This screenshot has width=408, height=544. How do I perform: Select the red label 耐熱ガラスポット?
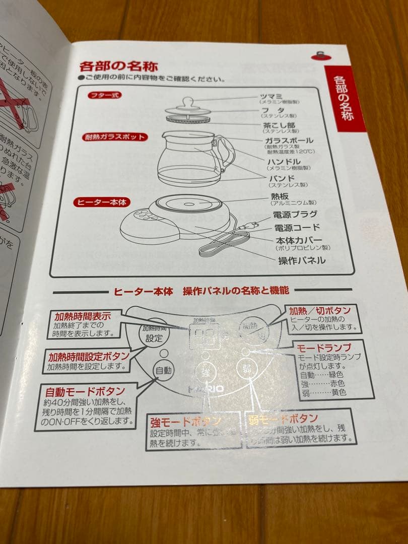[115, 137]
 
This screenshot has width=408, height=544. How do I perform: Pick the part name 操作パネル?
[301, 260]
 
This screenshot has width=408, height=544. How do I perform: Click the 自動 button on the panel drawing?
[163, 370]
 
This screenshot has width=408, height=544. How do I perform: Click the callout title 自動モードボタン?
[85, 391]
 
